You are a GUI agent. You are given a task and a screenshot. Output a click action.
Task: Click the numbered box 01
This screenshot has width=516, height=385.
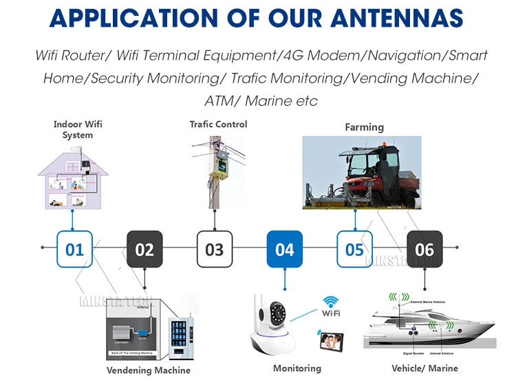[74, 248]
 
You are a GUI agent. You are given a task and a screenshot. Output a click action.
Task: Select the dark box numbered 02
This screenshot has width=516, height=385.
[144, 248]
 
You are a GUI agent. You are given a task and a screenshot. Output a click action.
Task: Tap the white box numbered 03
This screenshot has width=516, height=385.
[215, 248]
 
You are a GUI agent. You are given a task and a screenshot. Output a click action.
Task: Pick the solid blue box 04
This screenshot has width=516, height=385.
[284, 248]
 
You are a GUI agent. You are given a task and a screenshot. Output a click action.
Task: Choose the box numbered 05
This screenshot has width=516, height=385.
[354, 248]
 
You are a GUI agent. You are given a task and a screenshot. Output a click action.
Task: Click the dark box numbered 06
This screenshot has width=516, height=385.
[424, 248]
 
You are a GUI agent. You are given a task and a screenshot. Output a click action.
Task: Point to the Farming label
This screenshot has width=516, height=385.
[364, 127]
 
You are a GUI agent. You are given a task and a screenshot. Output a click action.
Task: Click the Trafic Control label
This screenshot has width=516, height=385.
[218, 124]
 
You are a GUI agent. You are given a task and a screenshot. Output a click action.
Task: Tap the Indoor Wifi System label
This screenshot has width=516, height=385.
[77, 130]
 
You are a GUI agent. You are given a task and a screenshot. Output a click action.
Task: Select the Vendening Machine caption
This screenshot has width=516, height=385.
[148, 371]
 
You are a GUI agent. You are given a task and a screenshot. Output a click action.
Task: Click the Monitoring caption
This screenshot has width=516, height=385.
[297, 368]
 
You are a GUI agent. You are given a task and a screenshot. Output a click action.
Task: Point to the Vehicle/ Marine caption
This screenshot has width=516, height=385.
[424, 368]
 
